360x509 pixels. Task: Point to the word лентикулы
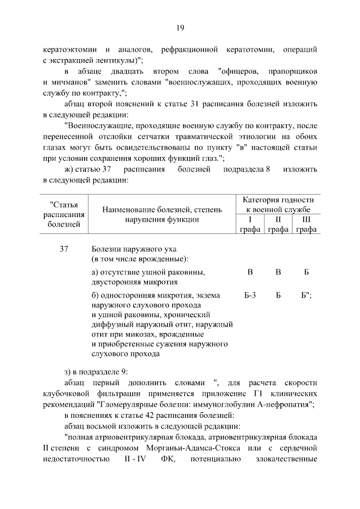click(119, 60)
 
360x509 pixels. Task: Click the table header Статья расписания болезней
click(64, 214)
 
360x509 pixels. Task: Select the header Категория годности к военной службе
click(278, 204)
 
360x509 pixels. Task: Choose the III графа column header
click(306, 224)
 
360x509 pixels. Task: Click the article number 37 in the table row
click(64, 249)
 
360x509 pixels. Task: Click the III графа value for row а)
click(306, 272)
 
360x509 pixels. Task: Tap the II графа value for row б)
click(278, 295)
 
